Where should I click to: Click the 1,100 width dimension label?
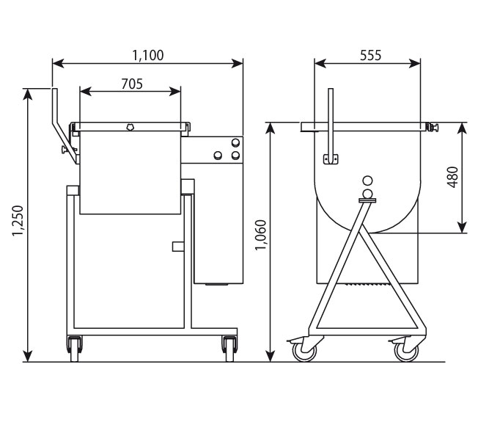pyautogui.click(x=148, y=55)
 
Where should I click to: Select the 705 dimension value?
pyautogui.click(x=132, y=84)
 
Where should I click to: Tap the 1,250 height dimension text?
pyautogui.click(x=18, y=220)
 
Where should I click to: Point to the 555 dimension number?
pyautogui.click(x=370, y=55)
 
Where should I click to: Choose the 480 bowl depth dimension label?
pyautogui.click(x=452, y=178)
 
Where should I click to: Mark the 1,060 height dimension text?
pyautogui.click(x=261, y=235)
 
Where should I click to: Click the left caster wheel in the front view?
pyautogui.click(x=74, y=349)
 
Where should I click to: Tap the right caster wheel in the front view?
pyautogui.click(x=229, y=349)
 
